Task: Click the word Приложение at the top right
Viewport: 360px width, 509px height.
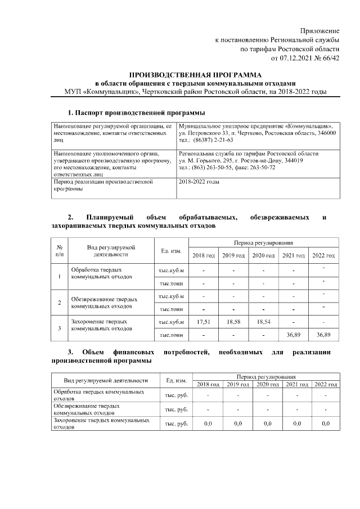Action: coord(319,30)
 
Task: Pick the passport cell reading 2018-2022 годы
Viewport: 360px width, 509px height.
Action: coord(199,182)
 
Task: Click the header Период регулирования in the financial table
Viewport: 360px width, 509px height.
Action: coord(266,375)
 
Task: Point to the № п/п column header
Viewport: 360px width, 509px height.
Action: coord(60,251)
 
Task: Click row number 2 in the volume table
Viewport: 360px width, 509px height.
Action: coord(60,303)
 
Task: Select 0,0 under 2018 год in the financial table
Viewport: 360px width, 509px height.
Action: coord(207,424)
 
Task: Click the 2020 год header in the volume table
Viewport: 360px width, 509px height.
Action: coord(263,256)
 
